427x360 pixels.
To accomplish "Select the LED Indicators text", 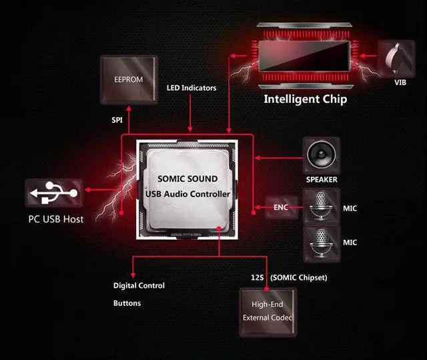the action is coord(191,87).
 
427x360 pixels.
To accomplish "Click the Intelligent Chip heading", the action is coord(305,100).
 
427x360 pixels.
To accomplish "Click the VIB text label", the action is coord(400,83).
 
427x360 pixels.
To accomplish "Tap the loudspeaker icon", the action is coord(322,156).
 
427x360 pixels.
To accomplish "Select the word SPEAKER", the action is coord(322,180).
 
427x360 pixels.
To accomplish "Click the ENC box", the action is coord(281,207).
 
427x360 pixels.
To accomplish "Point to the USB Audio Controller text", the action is coord(187,194).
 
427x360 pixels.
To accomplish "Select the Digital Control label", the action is coord(139,286).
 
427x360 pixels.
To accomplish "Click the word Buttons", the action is coord(127,303).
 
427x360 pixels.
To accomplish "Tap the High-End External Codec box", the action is coord(268,311).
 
